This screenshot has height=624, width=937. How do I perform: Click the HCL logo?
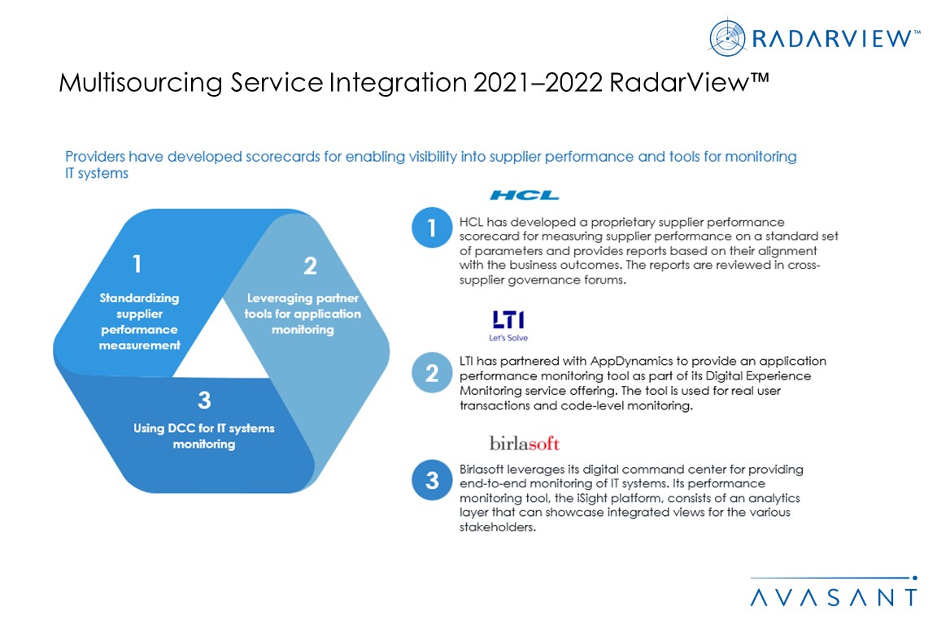tap(524, 195)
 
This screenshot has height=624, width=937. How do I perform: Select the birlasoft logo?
tap(524, 443)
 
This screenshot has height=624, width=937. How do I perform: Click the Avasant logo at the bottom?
tap(834, 591)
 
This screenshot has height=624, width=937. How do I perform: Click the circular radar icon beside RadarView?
tap(727, 38)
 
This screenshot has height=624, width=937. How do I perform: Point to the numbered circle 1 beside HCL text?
tap(432, 227)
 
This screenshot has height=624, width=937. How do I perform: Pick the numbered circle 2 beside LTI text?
tap(432, 373)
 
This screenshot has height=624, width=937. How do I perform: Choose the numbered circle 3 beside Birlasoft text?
tap(432, 479)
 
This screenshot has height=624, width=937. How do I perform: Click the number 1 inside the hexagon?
tap(137, 263)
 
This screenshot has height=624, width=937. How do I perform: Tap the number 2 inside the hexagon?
tap(310, 266)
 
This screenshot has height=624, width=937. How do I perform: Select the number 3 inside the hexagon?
tap(204, 400)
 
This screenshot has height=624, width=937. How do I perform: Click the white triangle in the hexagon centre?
tap(222, 347)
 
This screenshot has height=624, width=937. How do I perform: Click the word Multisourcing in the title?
tap(141, 82)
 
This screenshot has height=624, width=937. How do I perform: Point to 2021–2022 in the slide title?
tap(538, 82)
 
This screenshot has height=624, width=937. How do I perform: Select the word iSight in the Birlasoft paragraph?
tap(595, 498)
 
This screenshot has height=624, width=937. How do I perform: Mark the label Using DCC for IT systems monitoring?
tap(204, 435)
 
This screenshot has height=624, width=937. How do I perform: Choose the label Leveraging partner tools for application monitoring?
tap(303, 314)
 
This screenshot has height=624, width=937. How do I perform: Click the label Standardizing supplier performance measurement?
tap(139, 321)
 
